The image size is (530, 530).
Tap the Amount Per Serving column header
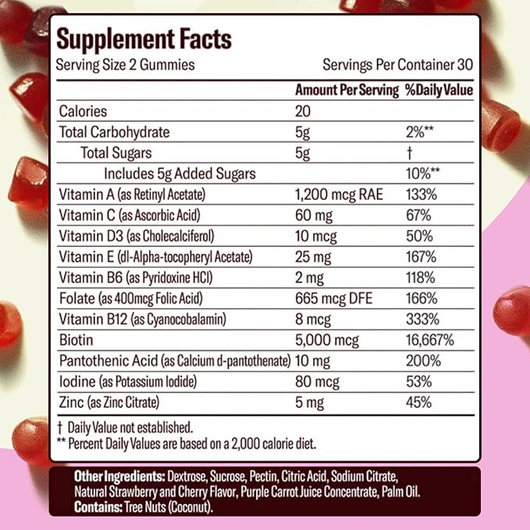347,91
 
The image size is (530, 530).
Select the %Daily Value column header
439,91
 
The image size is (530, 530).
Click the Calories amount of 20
304,112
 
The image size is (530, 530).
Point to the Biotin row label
76,340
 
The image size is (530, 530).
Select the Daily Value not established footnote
125,427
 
